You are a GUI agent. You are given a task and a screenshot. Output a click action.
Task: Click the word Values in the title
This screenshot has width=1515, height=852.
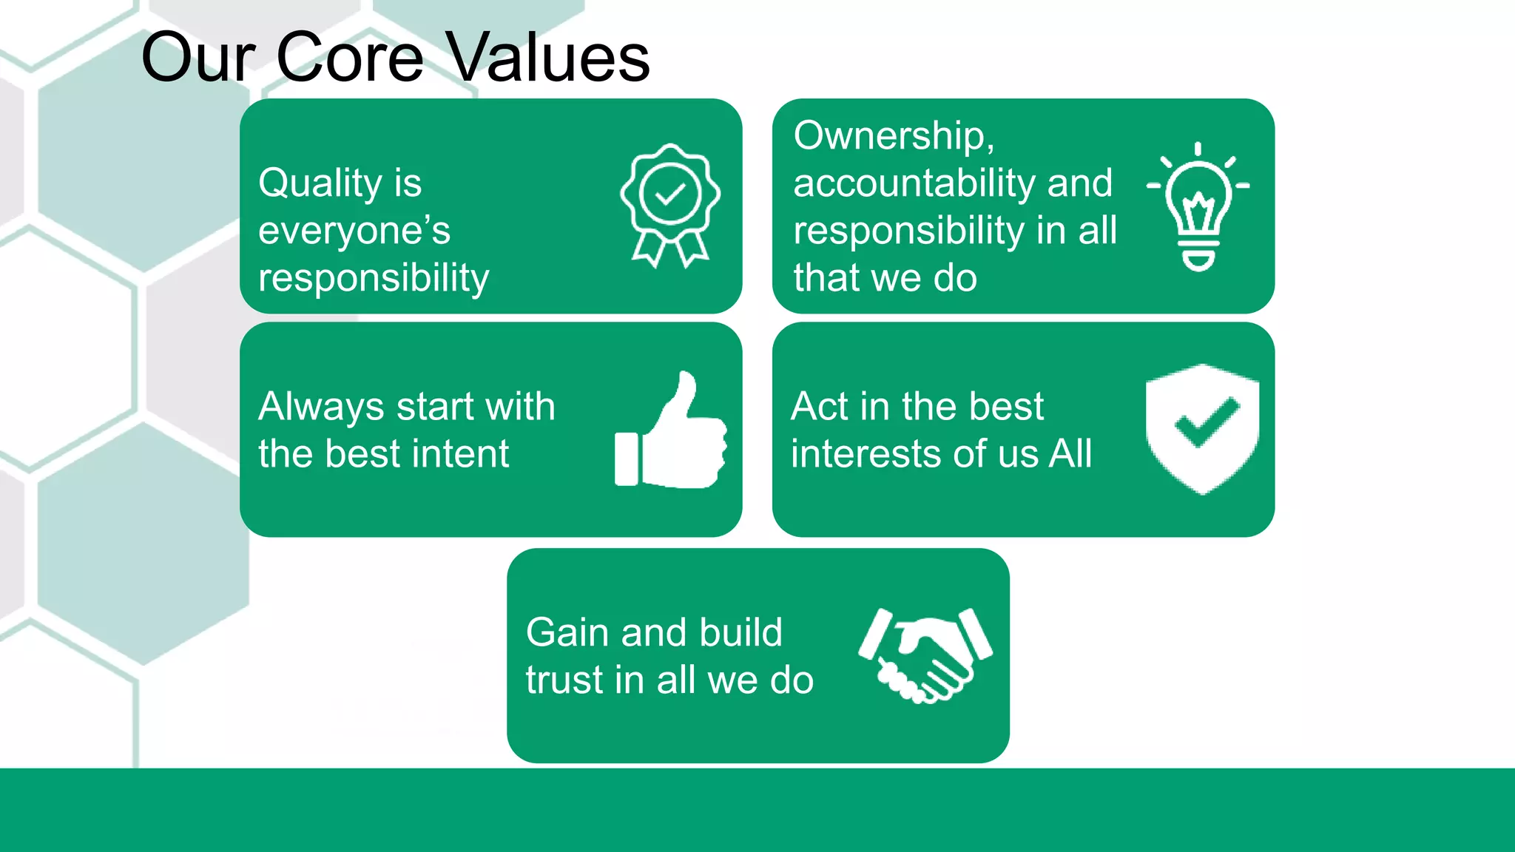549,58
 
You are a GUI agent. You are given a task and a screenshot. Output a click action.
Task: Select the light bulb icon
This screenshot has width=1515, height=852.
1198,207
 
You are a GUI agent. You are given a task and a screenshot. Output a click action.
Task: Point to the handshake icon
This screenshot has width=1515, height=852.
925,655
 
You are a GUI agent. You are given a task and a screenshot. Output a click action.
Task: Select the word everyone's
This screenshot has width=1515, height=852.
354,231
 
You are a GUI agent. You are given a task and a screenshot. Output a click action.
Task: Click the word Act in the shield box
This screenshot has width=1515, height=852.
819,407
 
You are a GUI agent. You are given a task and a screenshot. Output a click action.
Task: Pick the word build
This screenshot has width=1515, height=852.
740,633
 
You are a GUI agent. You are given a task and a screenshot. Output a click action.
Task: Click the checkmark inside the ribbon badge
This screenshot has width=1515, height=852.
670,195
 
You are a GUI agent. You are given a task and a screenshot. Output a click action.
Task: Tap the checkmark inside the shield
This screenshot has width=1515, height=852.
1207,422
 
